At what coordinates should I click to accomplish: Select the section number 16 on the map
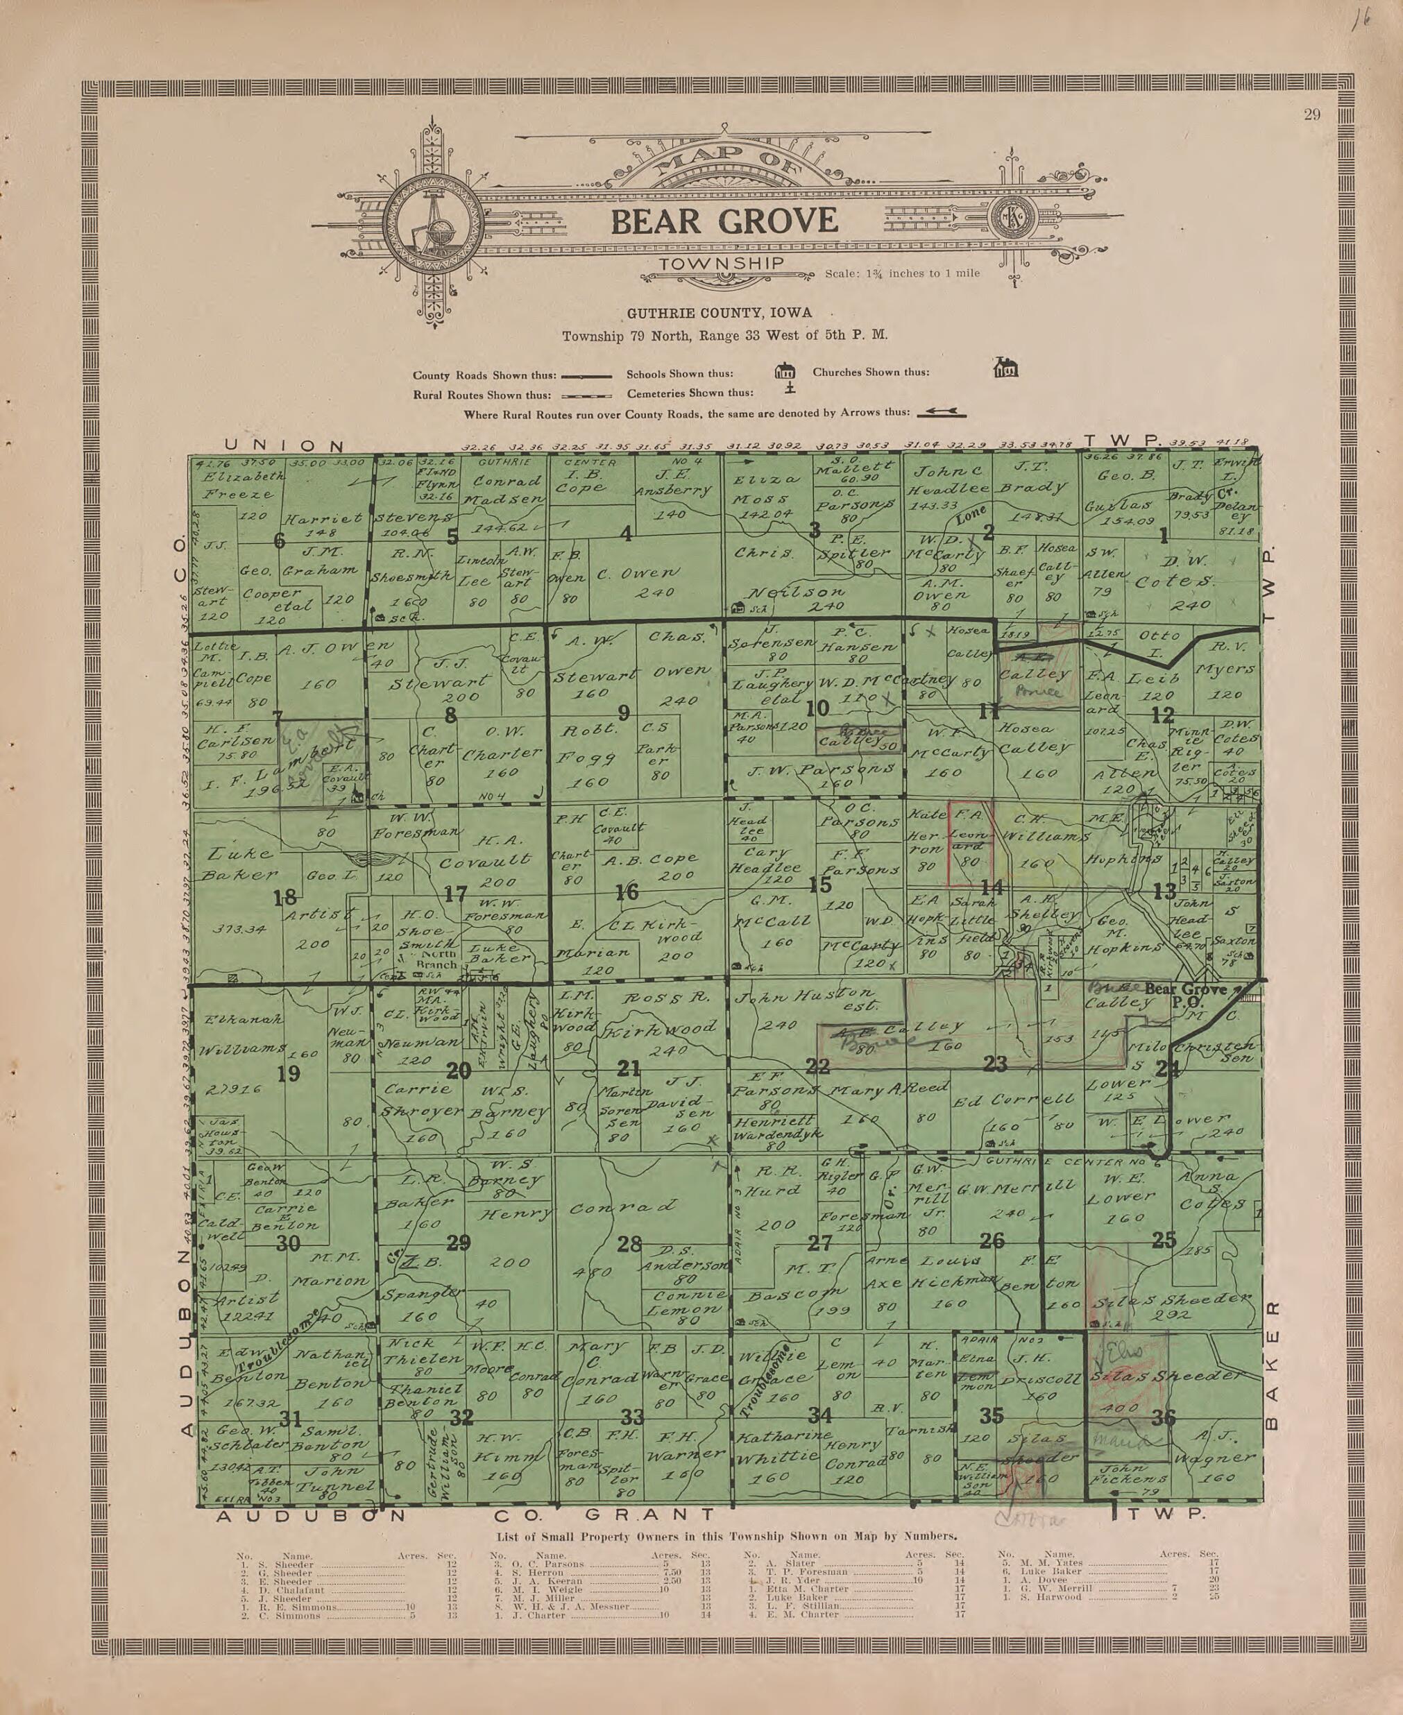627,892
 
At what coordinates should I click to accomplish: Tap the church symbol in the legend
1005,368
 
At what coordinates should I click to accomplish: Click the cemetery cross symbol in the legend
790,391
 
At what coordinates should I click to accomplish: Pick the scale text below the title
902,273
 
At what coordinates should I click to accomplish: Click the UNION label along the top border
284,445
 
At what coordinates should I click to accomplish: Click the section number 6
279,540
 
